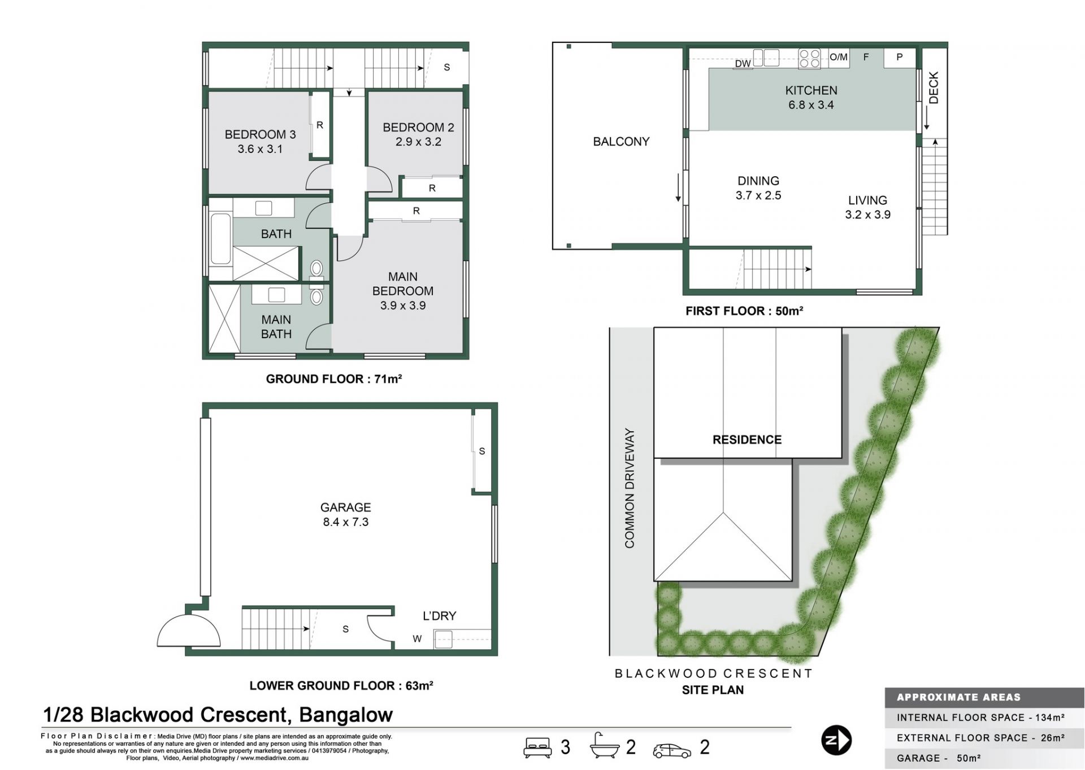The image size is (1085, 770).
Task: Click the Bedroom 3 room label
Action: (x=260, y=134)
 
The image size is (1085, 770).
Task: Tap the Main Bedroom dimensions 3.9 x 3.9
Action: (x=403, y=305)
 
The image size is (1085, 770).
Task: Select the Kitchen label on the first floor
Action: (x=811, y=90)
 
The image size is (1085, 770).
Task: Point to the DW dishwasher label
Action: (x=743, y=64)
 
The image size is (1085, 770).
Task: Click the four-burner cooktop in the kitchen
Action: (x=809, y=59)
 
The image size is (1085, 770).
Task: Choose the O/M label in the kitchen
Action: (x=839, y=57)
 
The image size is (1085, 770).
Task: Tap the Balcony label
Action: (x=621, y=142)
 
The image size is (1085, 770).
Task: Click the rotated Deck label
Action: (x=933, y=88)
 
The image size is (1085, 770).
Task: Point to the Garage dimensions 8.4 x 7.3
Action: (x=346, y=522)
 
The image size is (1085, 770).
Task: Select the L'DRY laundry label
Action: (x=439, y=616)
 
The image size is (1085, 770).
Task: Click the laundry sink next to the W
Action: (x=443, y=640)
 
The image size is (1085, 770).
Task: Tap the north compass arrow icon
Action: (x=836, y=740)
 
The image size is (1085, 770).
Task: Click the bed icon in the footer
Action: (x=537, y=747)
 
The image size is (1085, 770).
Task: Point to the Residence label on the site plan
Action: (x=747, y=440)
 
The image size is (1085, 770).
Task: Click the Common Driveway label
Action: (x=630, y=488)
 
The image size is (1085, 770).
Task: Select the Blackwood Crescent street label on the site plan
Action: (x=713, y=673)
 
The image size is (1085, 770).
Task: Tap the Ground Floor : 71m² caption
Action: (x=334, y=379)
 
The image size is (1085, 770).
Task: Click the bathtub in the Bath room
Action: (x=220, y=239)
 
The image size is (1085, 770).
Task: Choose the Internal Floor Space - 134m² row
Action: (x=980, y=718)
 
